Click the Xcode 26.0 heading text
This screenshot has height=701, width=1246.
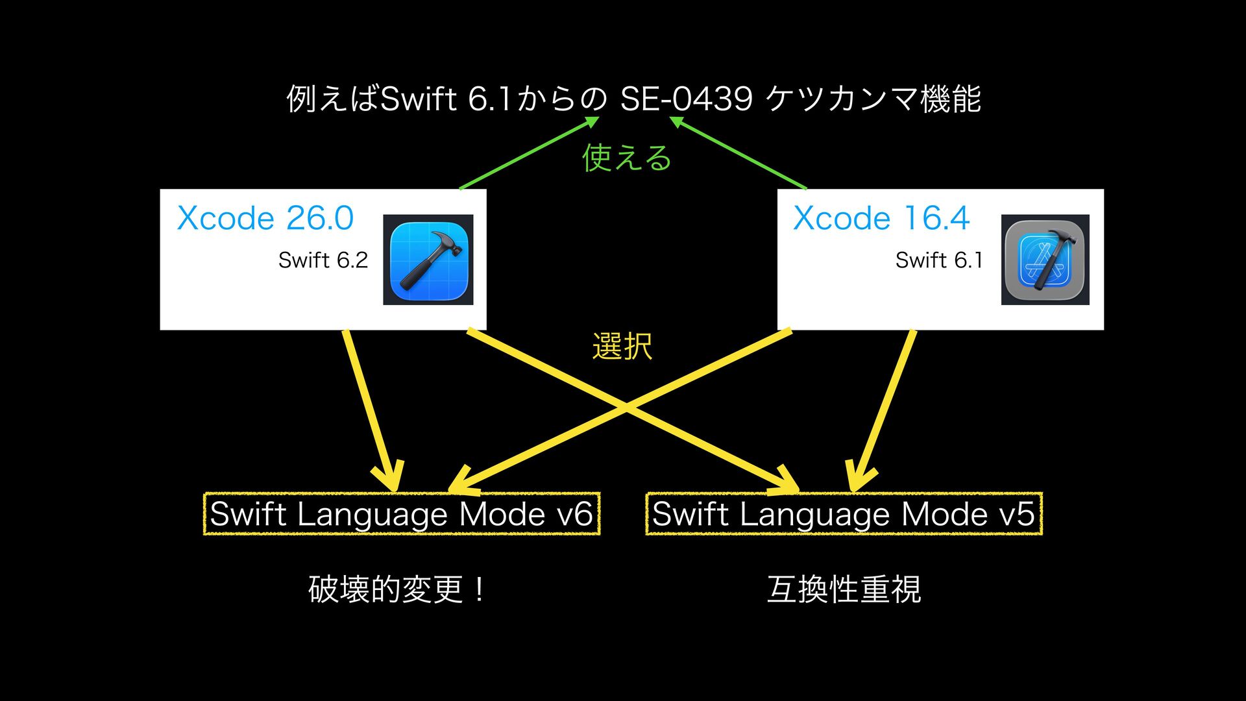[x=265, y=218]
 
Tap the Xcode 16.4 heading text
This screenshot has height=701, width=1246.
[x=881, y=218]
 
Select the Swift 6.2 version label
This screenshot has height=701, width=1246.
[x=323, y=260]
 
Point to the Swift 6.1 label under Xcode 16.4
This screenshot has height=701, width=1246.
[x=938, y=260]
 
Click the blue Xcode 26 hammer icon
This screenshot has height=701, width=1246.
[x=428, y=260]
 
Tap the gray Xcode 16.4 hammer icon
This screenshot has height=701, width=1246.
[x=1045, y=260]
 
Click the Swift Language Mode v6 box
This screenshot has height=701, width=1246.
[x=402, y=514]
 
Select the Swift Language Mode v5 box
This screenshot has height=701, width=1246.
[x=844, y=514]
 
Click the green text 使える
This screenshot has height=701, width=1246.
[x=626, y=158]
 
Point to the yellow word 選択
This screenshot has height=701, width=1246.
[x=622, y=346]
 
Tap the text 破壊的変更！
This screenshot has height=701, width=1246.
[x=397, y=589]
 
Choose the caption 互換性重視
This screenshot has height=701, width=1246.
[x=844, y=589]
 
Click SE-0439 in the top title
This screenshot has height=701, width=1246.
[x=686, y=99]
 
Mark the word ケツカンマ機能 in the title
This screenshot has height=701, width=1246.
[x=873, y=99]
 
